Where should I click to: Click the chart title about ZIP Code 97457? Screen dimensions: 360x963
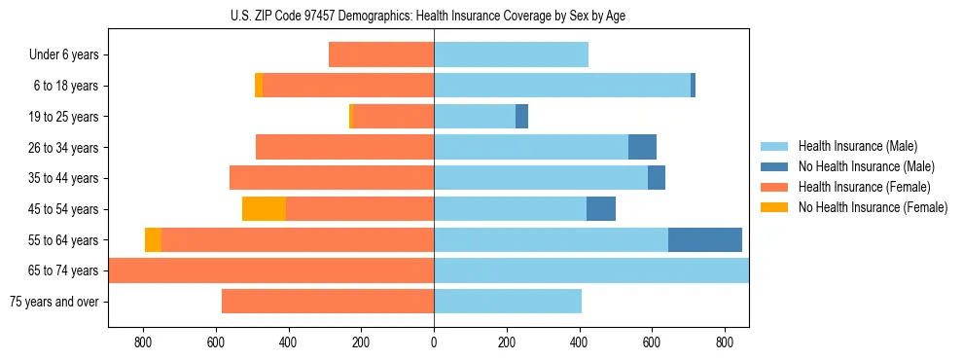click(x=434, y=16)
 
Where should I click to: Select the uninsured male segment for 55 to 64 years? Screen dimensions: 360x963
click(x=705, y=239)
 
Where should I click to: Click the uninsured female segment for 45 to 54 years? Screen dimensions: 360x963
click(x=264, y=208)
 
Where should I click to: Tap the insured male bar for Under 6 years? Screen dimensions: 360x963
click(x=511, y=54)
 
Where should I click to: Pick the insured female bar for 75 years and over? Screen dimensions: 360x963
click(x=328, y=301)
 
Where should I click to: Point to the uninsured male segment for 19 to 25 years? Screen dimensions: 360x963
click(x=521, y=116)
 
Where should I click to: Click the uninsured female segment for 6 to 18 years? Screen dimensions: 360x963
click(x=259, y=86)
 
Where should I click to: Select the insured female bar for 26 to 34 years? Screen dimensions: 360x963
click(x=344, y=147)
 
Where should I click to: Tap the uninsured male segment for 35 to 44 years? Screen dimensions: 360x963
click(x=657, y=178)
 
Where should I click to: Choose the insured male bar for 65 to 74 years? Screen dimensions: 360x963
click(x=591, y=270)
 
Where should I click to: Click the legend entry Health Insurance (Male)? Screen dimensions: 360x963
click(x=857, y=146)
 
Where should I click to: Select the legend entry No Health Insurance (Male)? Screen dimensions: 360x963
click(x=866, y=166)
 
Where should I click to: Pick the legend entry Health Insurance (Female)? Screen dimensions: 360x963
click(x=864, y=187)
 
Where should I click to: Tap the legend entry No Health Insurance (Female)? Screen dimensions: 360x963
click(x=873, y=207)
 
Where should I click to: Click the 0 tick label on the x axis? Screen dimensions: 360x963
click(x=434, y=342)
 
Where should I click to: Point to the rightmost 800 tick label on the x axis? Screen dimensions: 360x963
click(x=725, y=342)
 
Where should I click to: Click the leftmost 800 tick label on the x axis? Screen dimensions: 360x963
click(x=143, y=342)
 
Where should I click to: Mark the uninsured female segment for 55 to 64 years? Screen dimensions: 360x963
click(x=153, y=239)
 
